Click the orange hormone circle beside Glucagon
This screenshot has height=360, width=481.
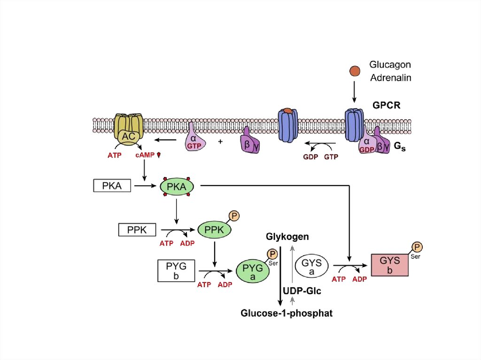355,71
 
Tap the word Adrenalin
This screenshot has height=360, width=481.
390,78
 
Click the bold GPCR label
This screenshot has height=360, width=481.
387,105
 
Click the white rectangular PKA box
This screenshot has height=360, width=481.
112,186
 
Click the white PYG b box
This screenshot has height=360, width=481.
176,271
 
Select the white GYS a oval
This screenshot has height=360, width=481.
311,268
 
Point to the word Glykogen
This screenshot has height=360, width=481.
287,237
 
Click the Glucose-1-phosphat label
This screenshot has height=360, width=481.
287,313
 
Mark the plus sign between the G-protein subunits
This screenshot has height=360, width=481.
220,141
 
